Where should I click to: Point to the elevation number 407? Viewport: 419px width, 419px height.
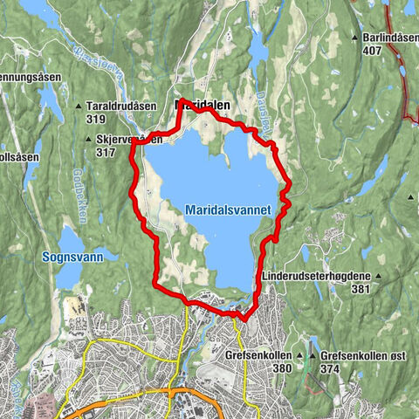coord(374,50)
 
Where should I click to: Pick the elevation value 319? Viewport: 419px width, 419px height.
coord(96,117)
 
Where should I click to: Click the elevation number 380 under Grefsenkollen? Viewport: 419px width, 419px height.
coord(281,367)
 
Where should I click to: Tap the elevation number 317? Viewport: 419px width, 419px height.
coord(106,152)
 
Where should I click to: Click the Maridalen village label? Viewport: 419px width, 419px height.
coord(204,104)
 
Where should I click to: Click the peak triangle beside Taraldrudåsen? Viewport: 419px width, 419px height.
coord(79,106)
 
